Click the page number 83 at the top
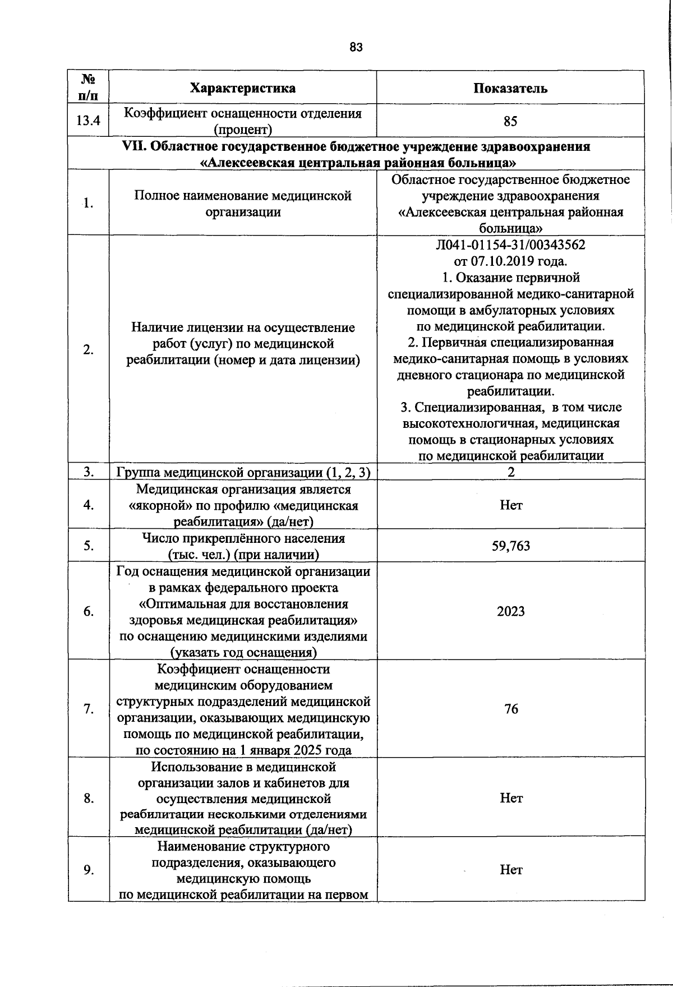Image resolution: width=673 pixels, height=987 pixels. (356, 48)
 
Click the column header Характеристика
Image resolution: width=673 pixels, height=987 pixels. (243, 88)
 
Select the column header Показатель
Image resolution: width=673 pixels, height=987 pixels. (510, 88)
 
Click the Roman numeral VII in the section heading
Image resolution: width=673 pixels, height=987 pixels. (134, 147)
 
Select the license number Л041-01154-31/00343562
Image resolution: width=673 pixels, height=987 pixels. (510, 245)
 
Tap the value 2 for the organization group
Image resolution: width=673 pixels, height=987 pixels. (511, 472)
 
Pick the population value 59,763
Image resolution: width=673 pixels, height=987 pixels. (510, 546)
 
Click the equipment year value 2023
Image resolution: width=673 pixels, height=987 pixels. (510, 611)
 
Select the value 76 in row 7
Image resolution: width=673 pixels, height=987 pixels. (510, 709)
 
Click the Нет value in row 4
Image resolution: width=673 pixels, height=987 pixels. (511, 505)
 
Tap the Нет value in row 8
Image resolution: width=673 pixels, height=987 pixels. (511, 798)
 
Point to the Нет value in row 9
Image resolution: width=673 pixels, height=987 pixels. (511, 870)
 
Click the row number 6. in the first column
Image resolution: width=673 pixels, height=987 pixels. (88, 611)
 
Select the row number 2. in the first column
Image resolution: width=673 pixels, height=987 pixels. (88, 350)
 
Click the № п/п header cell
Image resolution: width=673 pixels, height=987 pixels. (88, 87)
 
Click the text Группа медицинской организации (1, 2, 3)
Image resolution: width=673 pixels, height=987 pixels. (243, 473)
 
